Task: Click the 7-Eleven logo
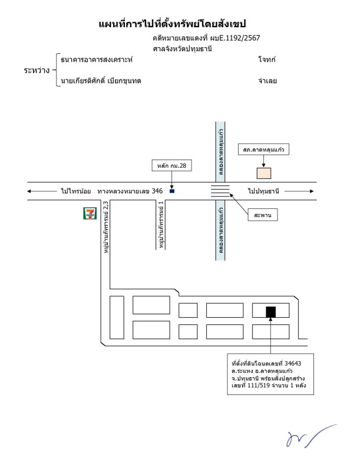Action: pos(90,213)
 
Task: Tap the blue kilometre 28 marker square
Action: pos(172,191)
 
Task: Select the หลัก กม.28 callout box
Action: pos(171,165)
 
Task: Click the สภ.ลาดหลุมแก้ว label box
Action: pos(263,150)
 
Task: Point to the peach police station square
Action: pos(263,173)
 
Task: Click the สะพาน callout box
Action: pos(262,215)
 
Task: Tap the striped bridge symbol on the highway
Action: pos(220,191)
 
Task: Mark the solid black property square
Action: pos(271,312)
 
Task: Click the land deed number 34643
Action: pos(293,363)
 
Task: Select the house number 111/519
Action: pos(259,386)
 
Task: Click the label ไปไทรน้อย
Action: pos(76,191)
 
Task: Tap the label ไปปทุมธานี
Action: pos(263,191)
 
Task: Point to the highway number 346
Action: pos(157,191)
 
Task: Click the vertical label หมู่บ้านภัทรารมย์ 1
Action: pos(161,225)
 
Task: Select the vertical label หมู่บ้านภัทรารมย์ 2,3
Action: pos(106,227)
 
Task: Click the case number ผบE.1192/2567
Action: pos(235,38)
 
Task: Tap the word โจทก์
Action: pos(267,59)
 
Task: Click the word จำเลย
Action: pos(267,81)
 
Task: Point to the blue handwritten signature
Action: pos(311,436)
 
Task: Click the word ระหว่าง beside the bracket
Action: pos(37,70)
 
